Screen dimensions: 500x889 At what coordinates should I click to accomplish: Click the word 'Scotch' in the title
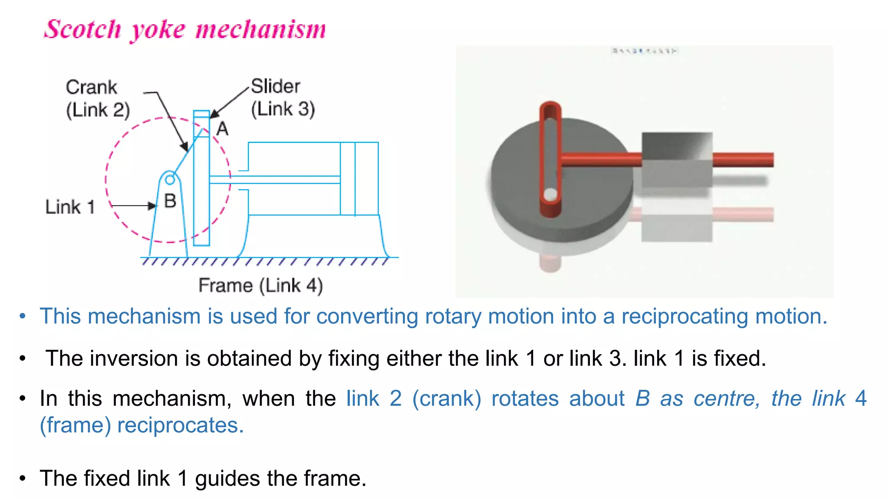click(x=82, y=30)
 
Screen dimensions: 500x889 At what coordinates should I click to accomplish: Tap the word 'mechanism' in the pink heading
click(x=260, y=30)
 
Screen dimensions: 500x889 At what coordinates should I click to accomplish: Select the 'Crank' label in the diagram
click(x=91, y=87)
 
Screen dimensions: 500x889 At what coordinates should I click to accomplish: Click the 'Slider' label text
click(x=275, y=86)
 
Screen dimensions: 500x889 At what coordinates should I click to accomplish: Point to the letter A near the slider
click(x=222, y=128)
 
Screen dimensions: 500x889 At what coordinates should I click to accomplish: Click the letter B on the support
click(x=170, y=201)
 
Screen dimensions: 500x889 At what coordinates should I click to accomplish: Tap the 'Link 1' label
click(x=70, y=207)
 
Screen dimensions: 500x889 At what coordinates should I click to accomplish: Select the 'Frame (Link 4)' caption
click(x=260, y=285)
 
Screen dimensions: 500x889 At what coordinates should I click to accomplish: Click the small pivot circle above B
click(x=170, y=179)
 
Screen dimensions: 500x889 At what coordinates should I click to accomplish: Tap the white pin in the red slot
click(x=550, y=194)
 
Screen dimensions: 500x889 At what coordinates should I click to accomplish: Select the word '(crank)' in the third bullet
click(x=447, y=398)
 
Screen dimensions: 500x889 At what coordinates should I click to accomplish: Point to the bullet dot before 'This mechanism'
click(x=23, y=316)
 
